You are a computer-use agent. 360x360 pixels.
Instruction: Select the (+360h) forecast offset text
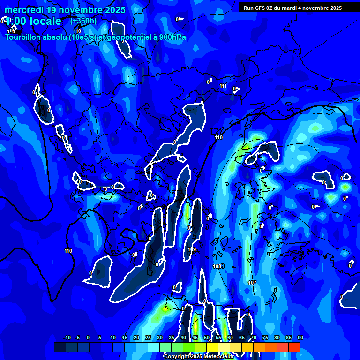(84, 21)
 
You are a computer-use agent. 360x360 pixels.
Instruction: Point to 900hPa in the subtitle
(172, 37)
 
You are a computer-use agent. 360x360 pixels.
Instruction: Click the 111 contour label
(223, 86)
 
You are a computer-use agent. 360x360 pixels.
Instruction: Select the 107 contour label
(252, 283)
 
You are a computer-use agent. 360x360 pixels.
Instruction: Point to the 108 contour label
(217, 266)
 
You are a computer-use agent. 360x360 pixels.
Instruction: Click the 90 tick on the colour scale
(300, 337)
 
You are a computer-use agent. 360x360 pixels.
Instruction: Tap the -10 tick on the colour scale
(67, 337)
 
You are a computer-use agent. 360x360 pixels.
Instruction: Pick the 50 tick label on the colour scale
(207, 337)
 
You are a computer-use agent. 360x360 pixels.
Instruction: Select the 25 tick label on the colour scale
(148, 337)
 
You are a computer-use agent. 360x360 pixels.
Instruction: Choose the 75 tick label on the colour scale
(265, 337)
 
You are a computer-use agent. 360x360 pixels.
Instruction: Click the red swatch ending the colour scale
(294, 347)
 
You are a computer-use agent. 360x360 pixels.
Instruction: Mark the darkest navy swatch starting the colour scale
(60, 347)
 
